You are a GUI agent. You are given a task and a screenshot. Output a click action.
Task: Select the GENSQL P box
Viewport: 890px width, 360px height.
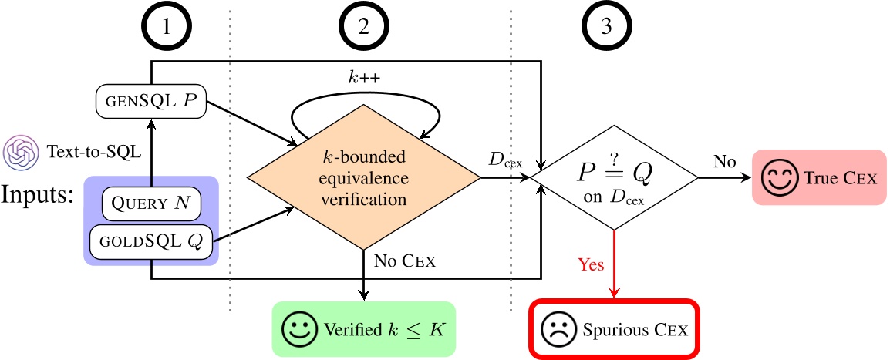(x=150, y=103)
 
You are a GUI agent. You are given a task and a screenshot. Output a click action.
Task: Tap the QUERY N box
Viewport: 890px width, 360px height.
(x=150, y=204)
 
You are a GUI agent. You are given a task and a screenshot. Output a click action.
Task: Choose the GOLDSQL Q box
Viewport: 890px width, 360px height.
(x=150, y=241)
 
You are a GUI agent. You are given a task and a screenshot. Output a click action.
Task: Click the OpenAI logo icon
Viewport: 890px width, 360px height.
(x=18, y=152)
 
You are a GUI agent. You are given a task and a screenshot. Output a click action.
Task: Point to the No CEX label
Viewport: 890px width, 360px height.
(x=405, y=261)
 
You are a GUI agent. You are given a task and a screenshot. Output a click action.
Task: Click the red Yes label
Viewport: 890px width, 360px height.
(x=591, y=264)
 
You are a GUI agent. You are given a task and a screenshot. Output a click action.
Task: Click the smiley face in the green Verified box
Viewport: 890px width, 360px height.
(x=297, y=329)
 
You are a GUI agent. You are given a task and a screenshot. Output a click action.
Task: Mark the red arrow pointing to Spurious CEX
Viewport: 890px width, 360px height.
(x=614, y=262)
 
